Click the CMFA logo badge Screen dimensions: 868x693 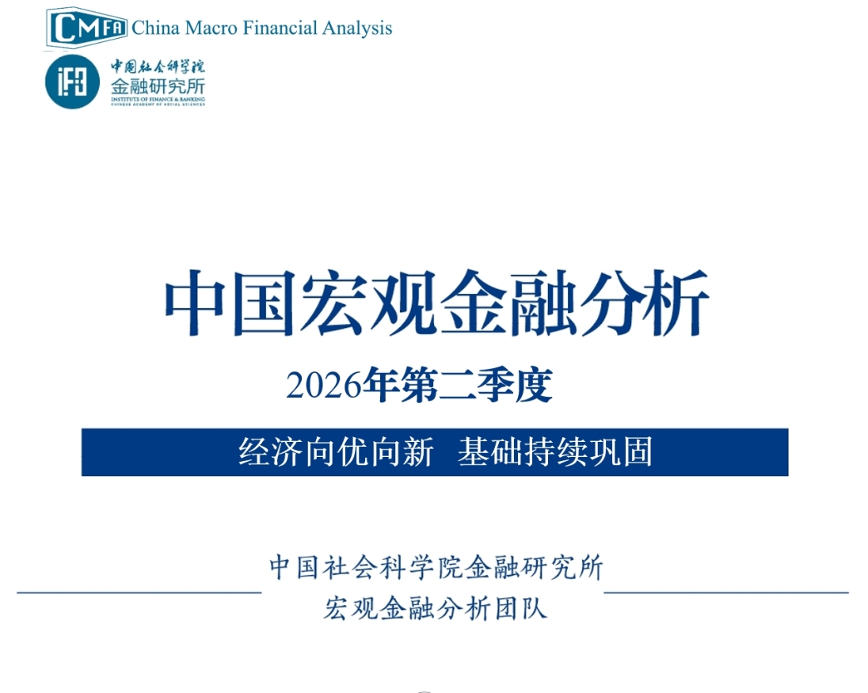[x=87, y=29]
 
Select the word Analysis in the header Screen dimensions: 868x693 [x=358, y=29]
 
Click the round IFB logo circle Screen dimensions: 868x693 [x=73, y=82]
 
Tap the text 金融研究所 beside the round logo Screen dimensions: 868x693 [x=158, y=86]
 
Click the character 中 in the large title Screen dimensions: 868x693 [x=195, y=303]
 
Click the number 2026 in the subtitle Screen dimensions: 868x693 [x=324, y=385]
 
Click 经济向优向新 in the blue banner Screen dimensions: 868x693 [x=336, y=451]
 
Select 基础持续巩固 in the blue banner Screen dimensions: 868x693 [x=555, y=451]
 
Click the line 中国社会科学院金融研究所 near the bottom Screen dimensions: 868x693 [x=436, y=567]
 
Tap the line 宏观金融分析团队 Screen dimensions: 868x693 [x=435, y=608]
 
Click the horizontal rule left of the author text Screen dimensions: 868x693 [x=139, y=593]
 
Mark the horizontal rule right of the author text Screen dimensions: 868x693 [x=726, y=593]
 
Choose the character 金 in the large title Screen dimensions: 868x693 [x=473, y=303]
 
